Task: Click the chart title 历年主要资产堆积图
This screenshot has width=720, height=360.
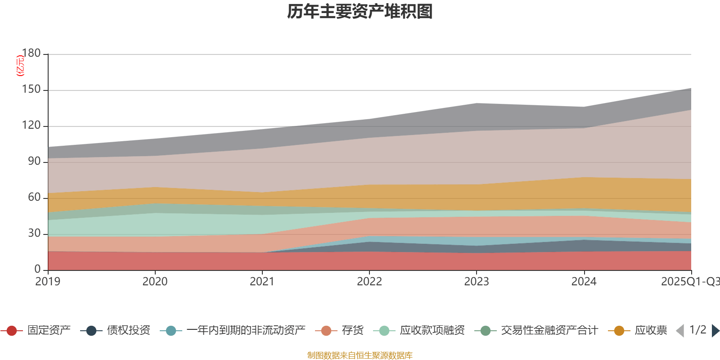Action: (x=360, y=12)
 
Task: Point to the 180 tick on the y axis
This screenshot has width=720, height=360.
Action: (x=31, y=54)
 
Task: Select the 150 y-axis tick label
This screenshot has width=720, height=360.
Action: (x=31, y=90)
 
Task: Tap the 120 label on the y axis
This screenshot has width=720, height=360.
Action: (x=31, y=126)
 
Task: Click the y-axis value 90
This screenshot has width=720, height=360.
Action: (x=34, y=162)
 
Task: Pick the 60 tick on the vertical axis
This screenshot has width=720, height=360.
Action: (x=34, y=198)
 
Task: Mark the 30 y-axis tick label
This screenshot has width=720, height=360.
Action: (x=34, y=234)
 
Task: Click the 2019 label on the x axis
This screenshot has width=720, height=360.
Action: (x=48, y=282)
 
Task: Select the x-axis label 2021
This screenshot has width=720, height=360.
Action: (x=262, y=282)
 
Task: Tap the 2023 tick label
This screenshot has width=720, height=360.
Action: (x=477, y=282)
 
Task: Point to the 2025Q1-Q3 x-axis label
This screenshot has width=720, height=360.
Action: (x=690, y=282)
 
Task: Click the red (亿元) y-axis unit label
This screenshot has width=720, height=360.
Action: (x=20, y=66)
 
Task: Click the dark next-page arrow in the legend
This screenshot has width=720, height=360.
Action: (x=715, y=331)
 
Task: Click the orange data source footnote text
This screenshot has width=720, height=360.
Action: (x=360, y=355)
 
